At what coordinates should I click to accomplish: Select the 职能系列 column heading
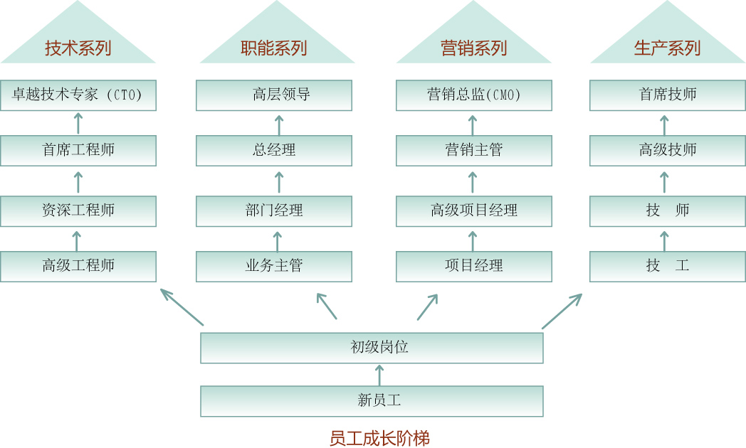[x=274, y=48]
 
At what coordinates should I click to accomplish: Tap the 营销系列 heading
[x=473, y=48]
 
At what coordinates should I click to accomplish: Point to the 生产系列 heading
[x=667, y=48]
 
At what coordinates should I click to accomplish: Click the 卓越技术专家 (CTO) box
[x=78, y=95]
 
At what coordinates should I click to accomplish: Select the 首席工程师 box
[x=78, y=150]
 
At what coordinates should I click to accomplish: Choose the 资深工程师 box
[x=78, y=210]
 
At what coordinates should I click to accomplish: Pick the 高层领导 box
[x=274, y=95]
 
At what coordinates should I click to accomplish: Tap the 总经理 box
[x=274, y=150]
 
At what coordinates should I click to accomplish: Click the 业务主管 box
[x=274, y=266]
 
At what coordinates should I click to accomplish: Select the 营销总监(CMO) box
[x=473, y=95]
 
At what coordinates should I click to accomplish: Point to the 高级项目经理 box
[x=473, y=210]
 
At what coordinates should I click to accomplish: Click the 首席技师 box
[x=667, y=95]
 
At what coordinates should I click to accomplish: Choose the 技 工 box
[x=667, y=266]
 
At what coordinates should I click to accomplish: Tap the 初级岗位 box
[x=372, y=348]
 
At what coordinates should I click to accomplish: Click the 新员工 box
[x=372, y=401]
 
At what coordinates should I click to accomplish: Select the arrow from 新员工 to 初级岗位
[x=379, y=375]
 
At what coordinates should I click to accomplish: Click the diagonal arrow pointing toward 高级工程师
[x=182, y=306]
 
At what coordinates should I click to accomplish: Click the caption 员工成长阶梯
[x=379, y=438]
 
